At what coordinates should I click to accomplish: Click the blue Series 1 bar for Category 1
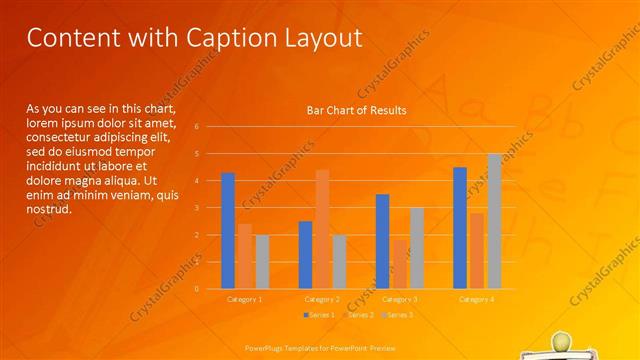tap(228, 231)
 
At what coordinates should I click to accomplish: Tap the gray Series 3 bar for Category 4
tap(494, 221)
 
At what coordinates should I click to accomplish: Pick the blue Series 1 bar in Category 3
tap(382, 241)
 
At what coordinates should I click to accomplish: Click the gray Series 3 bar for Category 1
tap(262, 262)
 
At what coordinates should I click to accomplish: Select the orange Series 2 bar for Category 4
tap(477, 251)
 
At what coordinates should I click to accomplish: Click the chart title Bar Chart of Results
tap(356, 110)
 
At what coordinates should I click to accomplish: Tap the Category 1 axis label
tap(245, 299)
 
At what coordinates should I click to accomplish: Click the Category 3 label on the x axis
tap(400, 299)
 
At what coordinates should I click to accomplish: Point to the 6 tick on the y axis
tap(197, 127)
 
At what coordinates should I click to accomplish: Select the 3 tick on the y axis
tap(197, 208)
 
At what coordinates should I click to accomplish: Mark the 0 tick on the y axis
tap(197, 289)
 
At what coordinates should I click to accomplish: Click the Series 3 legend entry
tap(399, 315)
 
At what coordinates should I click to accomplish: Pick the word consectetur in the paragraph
tap(62, 133)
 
